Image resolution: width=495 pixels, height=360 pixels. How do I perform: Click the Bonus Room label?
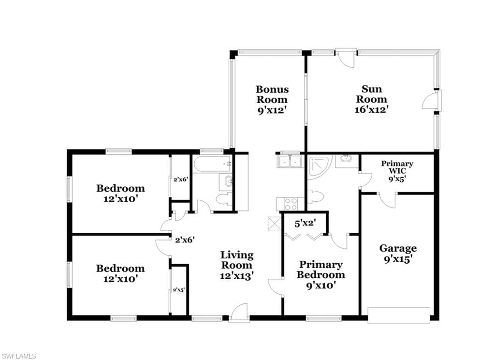tap(272, 94)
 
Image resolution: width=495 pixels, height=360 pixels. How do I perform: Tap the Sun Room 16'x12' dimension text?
tap(372, 109)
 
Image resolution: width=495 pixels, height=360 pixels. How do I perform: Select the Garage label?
tap(398, 248)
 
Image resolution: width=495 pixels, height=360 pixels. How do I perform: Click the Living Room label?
tap(237, 260)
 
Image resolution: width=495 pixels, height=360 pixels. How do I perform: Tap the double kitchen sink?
tap(290, 161)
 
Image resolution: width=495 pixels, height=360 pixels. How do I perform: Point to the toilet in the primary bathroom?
tap(315, 196)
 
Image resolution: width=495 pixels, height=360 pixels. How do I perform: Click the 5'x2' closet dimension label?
tap(306, 223)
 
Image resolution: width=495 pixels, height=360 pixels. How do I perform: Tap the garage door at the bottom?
tap(399, 315)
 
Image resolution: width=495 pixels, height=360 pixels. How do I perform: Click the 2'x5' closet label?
tap(179, 290)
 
